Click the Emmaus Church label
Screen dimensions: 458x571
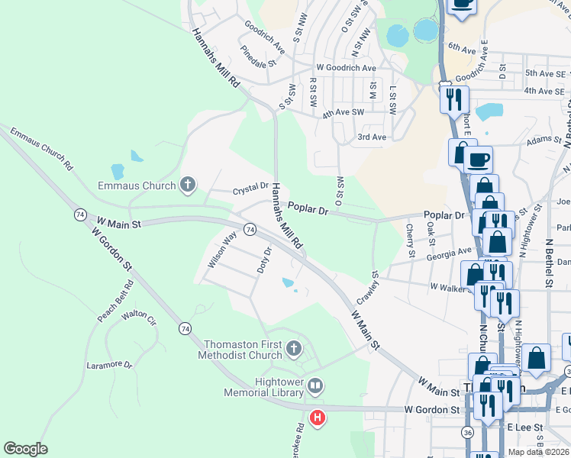coord(137,185)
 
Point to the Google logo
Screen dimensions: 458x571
coord(25,449)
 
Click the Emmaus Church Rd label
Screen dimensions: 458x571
coord(41,149)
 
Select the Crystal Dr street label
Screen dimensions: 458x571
coord(250,186)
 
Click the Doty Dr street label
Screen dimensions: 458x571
coord(263,260)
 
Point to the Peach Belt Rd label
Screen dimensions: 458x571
coord(115,302)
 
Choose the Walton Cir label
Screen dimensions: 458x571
coord(139,314)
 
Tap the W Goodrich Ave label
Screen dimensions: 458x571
coord(346,68)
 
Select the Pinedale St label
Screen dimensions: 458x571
coord(257,60)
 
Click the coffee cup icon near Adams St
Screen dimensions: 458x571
coord(478,160)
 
